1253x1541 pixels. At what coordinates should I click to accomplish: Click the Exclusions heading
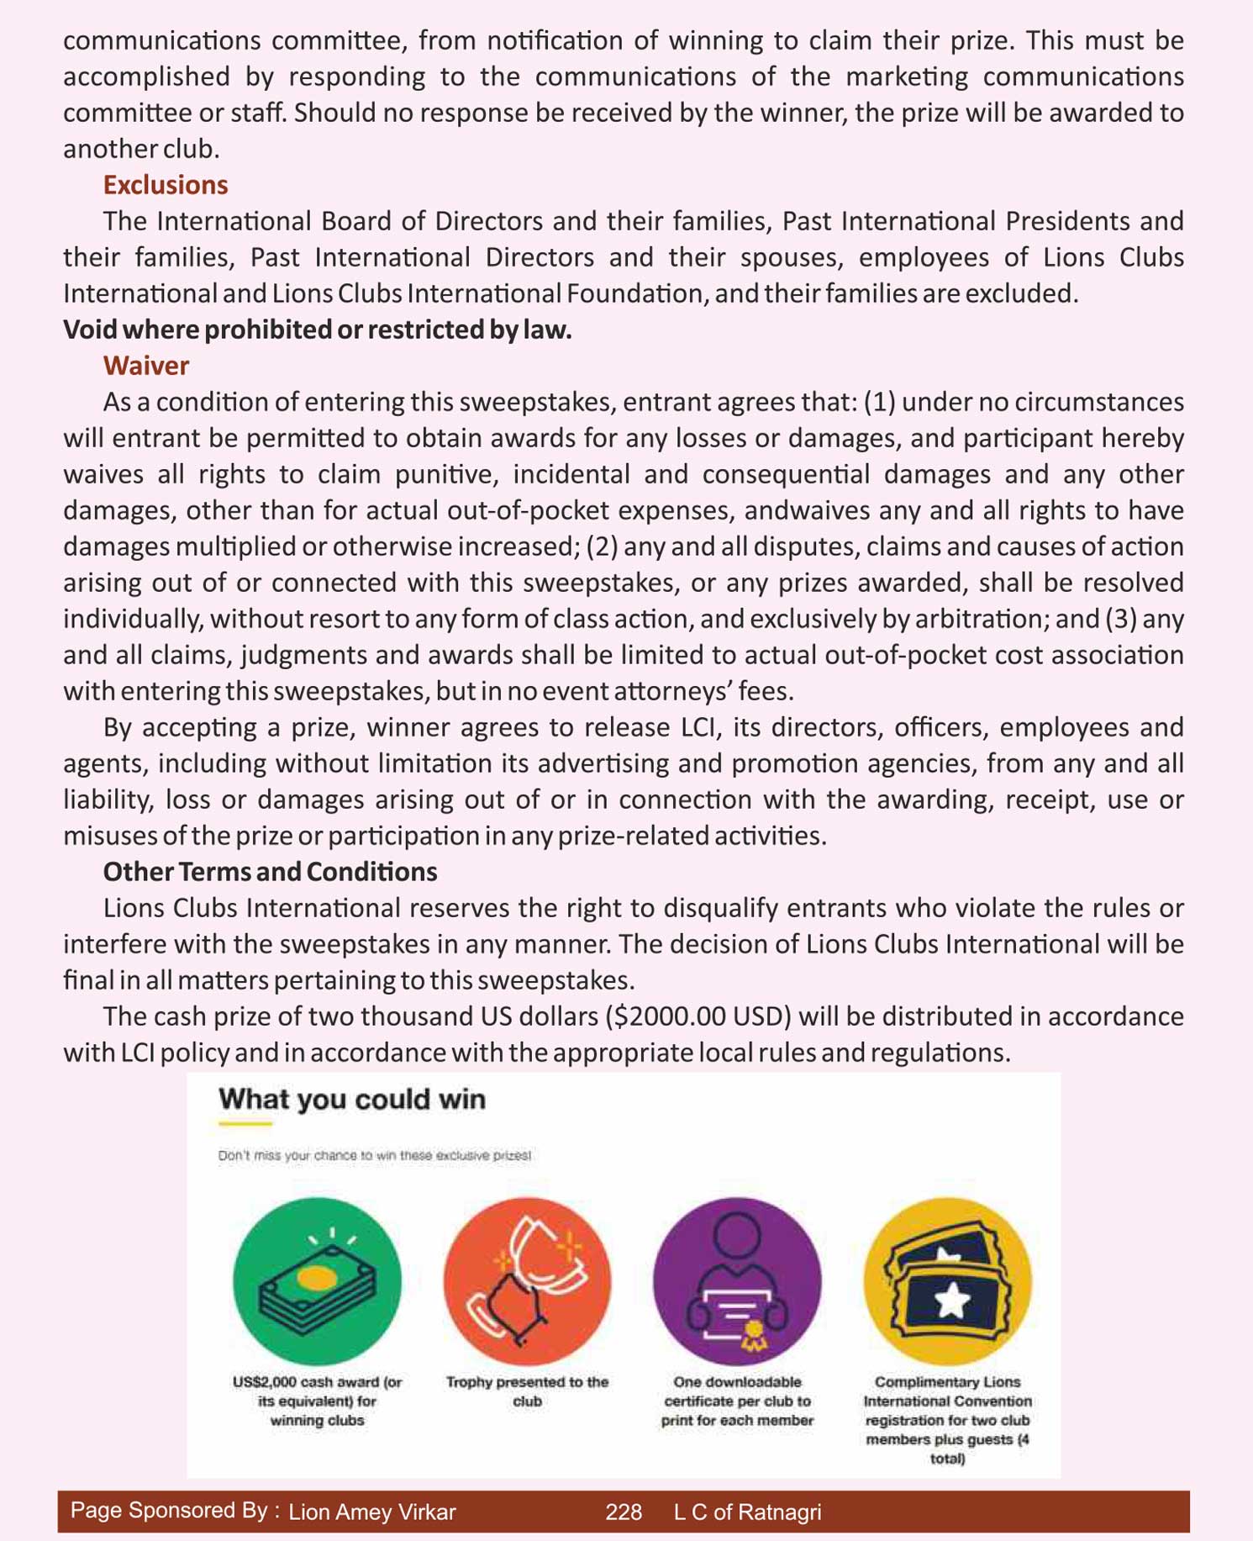tap(165, 185)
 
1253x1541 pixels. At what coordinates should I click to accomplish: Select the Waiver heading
tap(145, 366)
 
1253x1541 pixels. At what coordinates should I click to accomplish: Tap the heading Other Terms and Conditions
tap(270, 872)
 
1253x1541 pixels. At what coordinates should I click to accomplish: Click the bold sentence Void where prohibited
tap(317, 330)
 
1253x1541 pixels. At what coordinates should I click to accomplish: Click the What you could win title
tap(351, 1099)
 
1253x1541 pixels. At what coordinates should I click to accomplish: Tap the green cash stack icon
tap(317, 1281)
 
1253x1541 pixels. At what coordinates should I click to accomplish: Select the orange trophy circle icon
tap(527, 1281)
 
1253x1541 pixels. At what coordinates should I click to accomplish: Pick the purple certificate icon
tap(737, 1281)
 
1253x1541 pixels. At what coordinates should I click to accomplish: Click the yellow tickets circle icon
tap(947, 1281)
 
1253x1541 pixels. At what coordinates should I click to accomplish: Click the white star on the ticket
tap(952, 1301)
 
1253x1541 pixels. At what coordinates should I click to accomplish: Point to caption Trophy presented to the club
tap(527, 1391)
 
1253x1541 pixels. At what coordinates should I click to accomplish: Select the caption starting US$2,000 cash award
tap(317, 1401)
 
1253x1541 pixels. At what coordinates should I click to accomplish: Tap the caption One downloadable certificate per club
tap(737, 1401)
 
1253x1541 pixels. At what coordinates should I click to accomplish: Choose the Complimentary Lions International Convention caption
tap(947, 1419)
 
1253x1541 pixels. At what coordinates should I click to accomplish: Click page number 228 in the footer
tap(623, 1512)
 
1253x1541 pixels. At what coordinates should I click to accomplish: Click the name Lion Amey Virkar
tap(371, 1512)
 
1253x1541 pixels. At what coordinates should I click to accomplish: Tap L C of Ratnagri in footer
tap(747, 1512)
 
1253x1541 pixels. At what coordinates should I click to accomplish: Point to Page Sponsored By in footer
tap(174, 1511)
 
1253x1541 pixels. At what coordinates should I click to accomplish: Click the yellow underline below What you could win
tap(245, 1123)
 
